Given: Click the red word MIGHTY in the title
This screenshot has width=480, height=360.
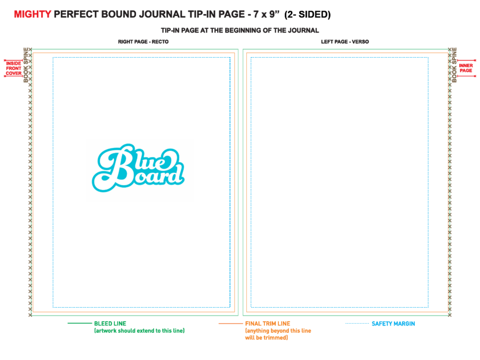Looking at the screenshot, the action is (33, 14).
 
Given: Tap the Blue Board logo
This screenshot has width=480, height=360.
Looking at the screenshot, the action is (138, 168).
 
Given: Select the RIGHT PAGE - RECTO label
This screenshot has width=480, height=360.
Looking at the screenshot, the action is (143, 42).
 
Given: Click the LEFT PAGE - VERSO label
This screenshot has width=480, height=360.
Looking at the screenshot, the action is (345, 42).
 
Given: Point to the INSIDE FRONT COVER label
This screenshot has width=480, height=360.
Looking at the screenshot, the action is (14, 68).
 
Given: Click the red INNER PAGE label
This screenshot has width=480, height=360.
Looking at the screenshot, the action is (466, 68).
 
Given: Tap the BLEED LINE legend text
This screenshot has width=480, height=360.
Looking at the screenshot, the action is (110, 324).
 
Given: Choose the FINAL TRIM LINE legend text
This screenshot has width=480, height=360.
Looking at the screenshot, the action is (268, 324).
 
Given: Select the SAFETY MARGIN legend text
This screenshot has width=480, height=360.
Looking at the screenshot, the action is (394, 324).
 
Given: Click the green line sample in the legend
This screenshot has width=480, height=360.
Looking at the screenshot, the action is (79, 323).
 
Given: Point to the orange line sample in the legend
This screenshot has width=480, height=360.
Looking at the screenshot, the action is (230, 323).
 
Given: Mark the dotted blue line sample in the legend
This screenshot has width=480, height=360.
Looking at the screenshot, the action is (357, 323).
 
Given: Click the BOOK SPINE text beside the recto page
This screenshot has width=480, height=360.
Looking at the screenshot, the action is (26, 65).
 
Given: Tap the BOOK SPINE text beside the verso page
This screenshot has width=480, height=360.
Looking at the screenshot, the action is (454, 65).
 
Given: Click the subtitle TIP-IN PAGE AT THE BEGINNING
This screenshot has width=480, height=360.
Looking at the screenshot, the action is (240, 30).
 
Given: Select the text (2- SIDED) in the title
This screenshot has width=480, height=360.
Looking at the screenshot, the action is (307, 14).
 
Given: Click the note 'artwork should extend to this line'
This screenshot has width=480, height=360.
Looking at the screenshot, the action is (139, 331).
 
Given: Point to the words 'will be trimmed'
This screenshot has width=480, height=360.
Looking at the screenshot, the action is (266, 338).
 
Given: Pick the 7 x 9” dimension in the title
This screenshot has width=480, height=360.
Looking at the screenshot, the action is (266, 14).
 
